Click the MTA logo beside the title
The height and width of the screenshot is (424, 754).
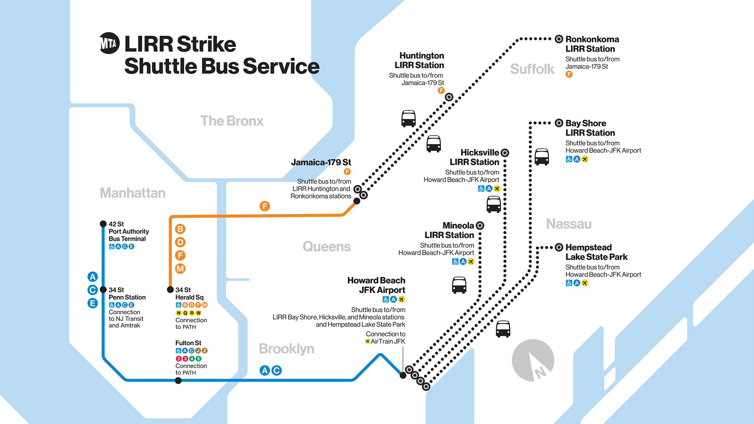pyautogui.click(x=109, y=43)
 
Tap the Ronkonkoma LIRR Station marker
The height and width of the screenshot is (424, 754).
pyautogui.click(x=559, y=39)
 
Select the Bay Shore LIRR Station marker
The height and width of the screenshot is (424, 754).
pyautogui.click(x=559, y=123)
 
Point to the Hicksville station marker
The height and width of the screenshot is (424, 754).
pyautogui.click(x=505, y=153)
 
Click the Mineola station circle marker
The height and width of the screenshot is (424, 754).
pyautogui.click(x=480, y=225)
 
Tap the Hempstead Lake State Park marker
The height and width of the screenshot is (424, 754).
pyautogui.click(x=559, y=247)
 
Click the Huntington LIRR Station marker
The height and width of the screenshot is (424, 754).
pyautogui.click(x=449, y=97)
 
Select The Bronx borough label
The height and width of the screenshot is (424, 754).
pyautogui.click(x=232, y=121)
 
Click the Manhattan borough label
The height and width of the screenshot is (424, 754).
pyautogui.click(x=133, y=193)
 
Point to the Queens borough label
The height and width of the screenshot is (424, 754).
pyautogui.click(x=326, y=246)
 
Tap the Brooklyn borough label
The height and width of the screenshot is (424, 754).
pyautogui.click(x=287, y=349)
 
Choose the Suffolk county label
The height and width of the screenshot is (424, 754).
pyautogui.click(x=532, y=69)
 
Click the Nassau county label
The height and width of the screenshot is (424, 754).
pyautogui.click(x=569, y=224)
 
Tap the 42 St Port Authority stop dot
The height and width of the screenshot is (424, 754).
pyautogui.click(x=103, y=224)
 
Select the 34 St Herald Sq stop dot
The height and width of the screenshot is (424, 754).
pyautogui.click(x=170, y=290)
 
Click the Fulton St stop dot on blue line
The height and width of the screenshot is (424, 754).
pyautogui.click(x=178, y=381)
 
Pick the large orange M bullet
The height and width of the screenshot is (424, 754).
pyautogui.click(x=180, y=269)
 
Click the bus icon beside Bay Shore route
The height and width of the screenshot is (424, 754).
pyautogui.click(x=542, y=157)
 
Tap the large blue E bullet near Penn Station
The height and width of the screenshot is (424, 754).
pyautogui.click(x=92, y=303)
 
